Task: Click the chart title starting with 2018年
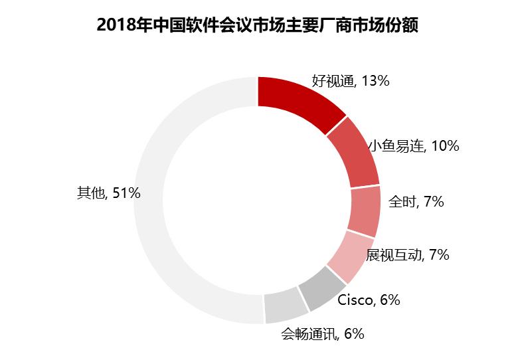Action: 257,26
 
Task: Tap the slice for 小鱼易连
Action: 353,156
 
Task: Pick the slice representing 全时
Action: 365,211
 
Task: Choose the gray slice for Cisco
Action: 321,288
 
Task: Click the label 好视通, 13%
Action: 350,81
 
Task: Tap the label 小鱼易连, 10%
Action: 413,146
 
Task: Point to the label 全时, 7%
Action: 416,201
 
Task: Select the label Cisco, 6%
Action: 369,300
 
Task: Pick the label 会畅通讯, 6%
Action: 322,334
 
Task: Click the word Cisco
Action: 356,300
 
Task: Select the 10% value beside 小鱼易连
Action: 444,146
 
